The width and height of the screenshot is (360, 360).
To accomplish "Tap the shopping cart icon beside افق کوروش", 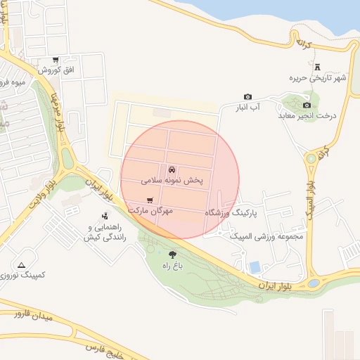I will point(56,60).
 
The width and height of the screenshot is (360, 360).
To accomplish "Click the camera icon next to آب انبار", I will point(247,97).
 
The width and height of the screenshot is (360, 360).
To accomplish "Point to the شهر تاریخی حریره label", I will point(321,78).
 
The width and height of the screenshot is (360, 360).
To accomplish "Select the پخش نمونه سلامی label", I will point(172,180).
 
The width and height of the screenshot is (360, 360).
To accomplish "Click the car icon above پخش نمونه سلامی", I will point(172,169).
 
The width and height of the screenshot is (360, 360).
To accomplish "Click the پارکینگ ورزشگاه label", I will point(232,212).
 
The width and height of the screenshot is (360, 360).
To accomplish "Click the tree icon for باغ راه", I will point(173,255).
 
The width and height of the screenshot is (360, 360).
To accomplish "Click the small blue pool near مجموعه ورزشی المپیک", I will point(255,267).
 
